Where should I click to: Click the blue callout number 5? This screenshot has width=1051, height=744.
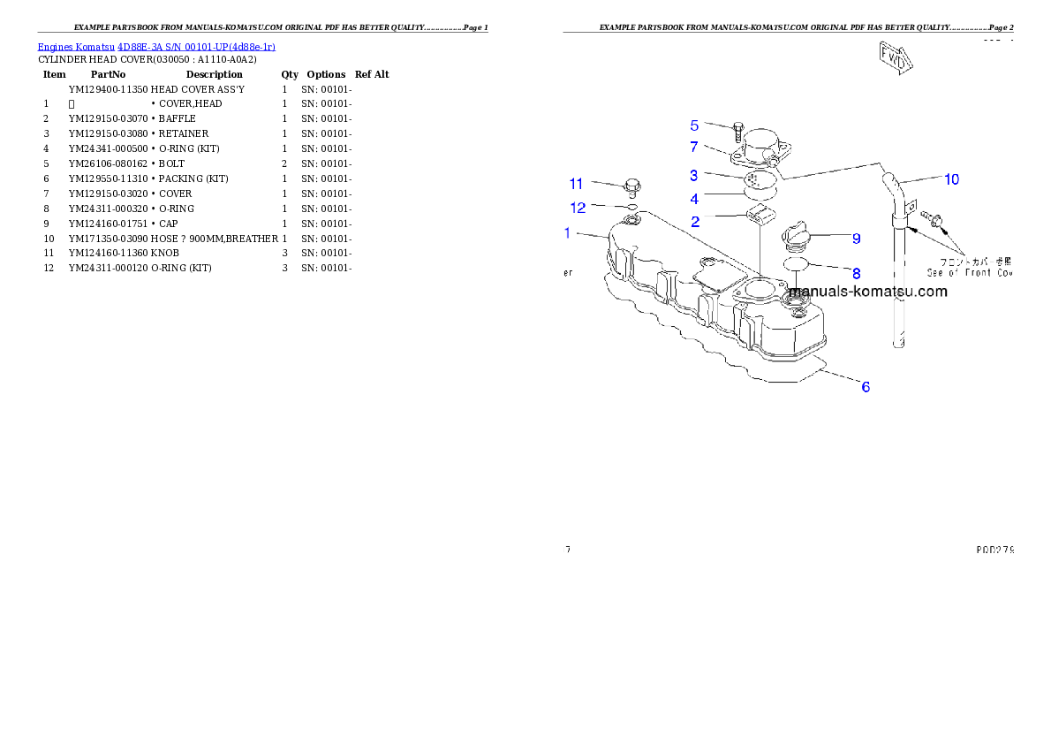tap(694, 125)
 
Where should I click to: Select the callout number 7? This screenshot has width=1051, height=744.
tap(694, 146)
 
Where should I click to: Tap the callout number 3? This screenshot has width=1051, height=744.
tap(694, 176)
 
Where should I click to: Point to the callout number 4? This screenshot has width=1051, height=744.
tap(694, 200)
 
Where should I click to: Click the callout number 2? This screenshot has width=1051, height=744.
tap(695, 222)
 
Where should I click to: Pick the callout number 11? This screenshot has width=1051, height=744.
tap(576, 184)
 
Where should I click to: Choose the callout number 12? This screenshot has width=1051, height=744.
tap(578, 208)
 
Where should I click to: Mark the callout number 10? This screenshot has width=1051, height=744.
tap(951, 179)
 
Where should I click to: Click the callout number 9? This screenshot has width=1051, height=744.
tap(856, 238)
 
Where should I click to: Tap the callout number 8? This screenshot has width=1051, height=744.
tap(856, 274)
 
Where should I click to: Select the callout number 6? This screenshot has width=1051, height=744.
tap(866, 386)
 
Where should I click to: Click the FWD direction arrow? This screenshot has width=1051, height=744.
tap(894, 57)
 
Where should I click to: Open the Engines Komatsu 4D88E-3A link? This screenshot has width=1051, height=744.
tap(156, 46)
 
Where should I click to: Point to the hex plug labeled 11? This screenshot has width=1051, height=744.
tap(630, 186)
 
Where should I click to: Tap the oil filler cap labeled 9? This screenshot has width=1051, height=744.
tap(795, 237)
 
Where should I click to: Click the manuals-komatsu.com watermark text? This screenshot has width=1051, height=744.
tap(866, 292)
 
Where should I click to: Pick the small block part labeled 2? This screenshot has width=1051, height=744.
tap(760, 215)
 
